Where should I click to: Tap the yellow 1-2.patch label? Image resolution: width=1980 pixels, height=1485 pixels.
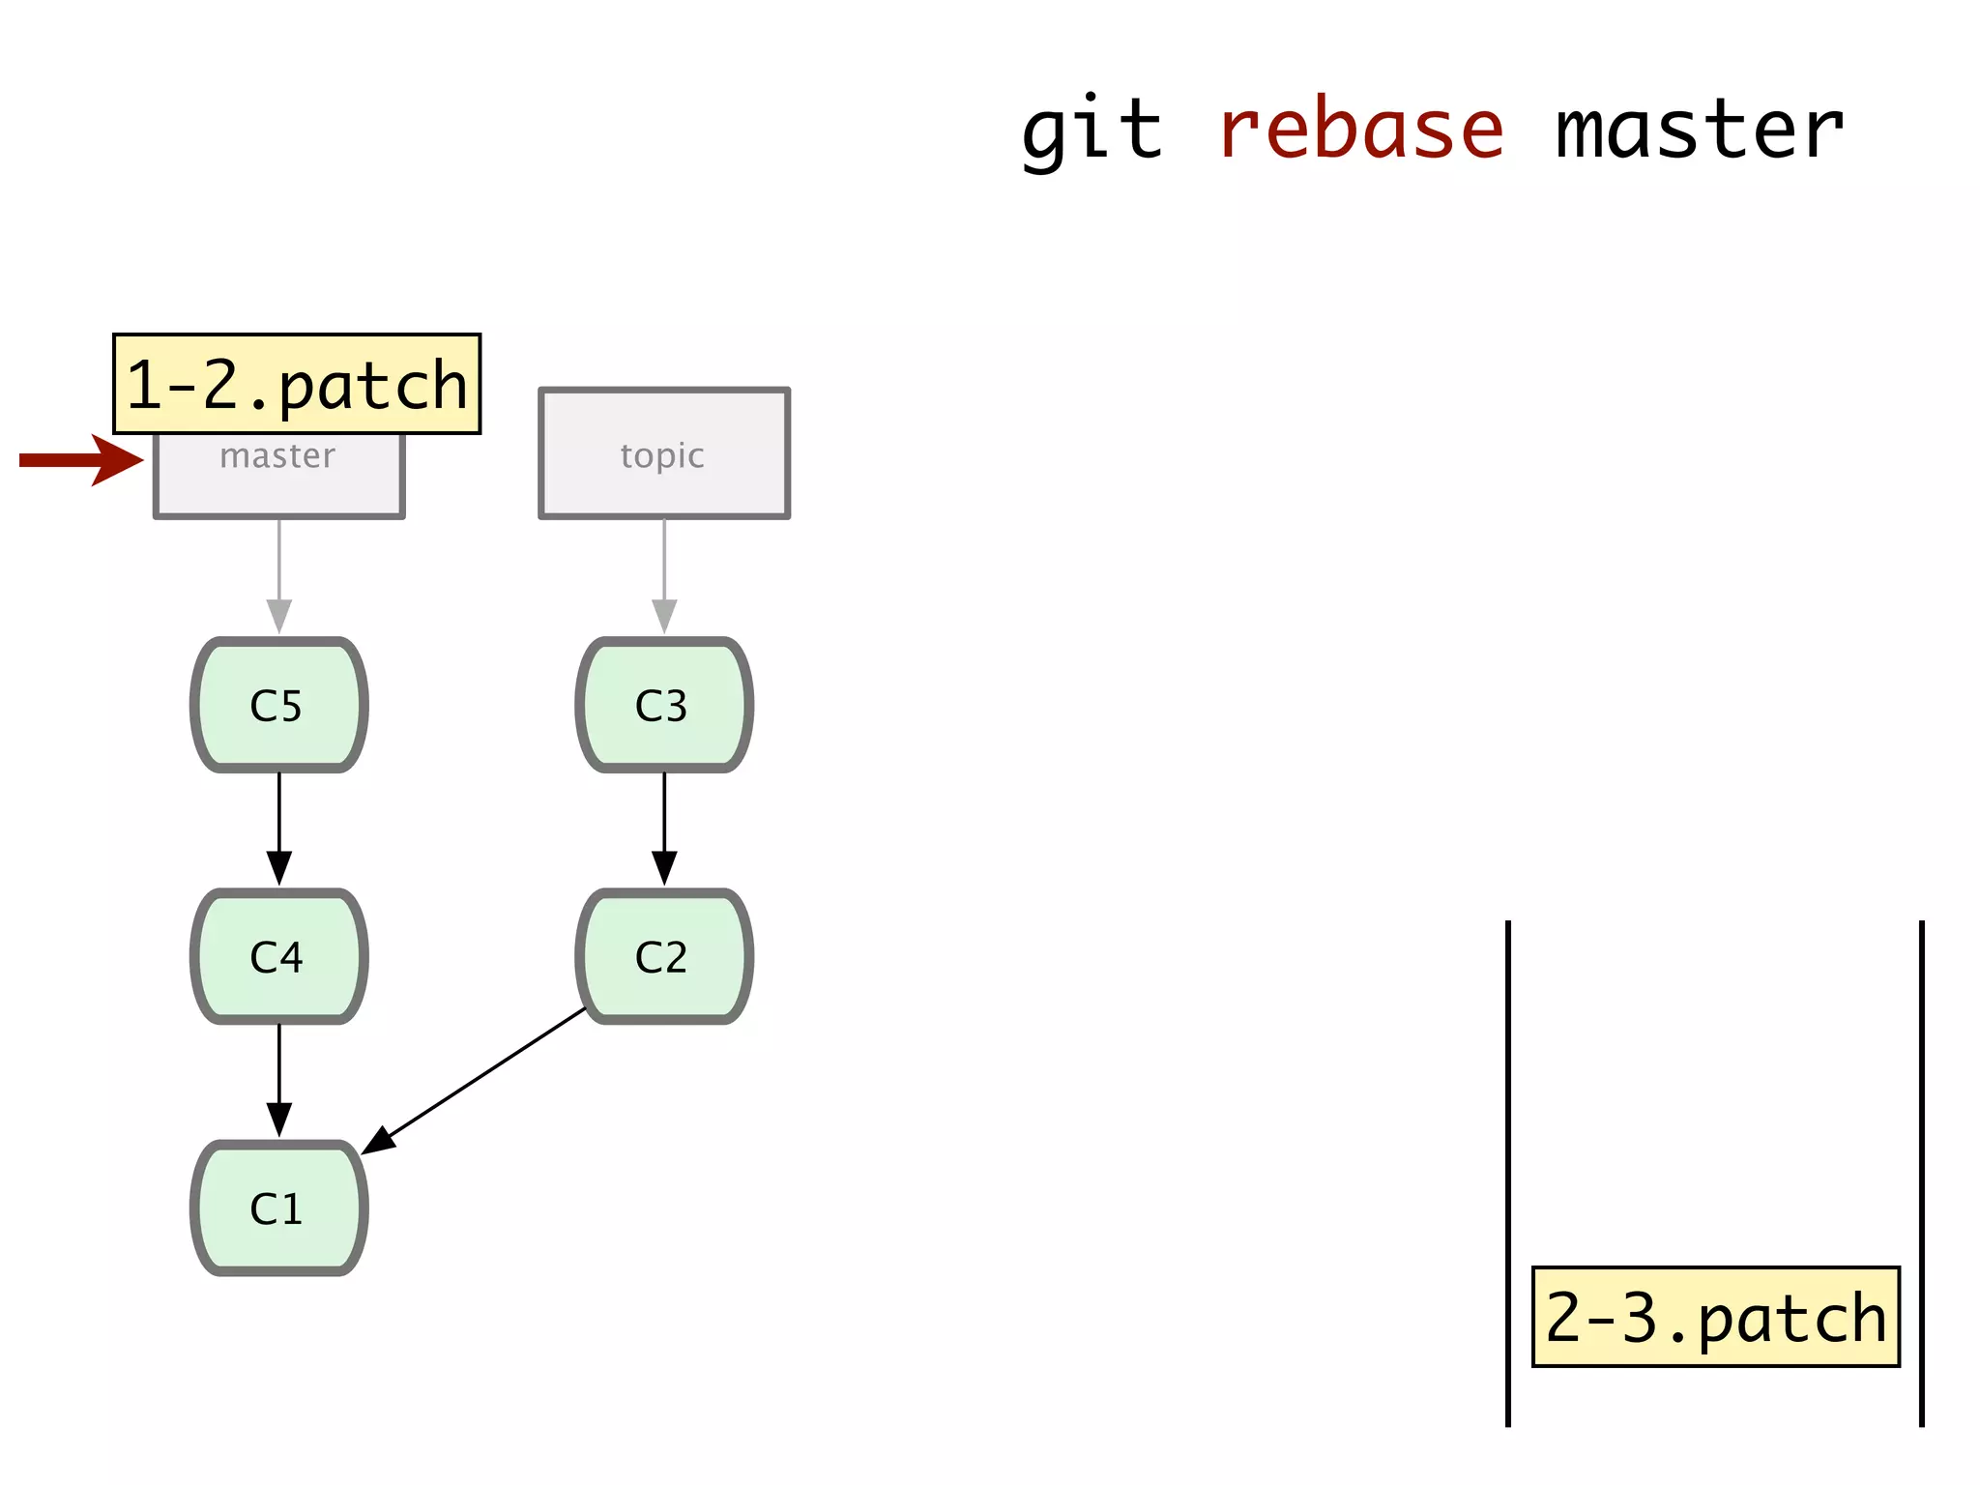[297, 384]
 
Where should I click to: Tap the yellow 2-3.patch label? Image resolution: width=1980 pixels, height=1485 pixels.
[1715, 1317]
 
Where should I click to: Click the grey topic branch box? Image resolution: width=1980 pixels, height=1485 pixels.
[664, 453]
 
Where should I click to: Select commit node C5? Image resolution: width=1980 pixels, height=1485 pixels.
[278, 705]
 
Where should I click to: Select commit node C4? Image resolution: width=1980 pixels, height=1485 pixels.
[278, 956]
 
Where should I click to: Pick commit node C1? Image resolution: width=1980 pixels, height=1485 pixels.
[278, 1208]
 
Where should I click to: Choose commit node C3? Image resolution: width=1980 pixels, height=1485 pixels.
[664, 705]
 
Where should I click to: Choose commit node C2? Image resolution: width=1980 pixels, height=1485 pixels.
[664, 956]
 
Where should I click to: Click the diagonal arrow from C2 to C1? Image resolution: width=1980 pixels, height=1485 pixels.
[474, 1080]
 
